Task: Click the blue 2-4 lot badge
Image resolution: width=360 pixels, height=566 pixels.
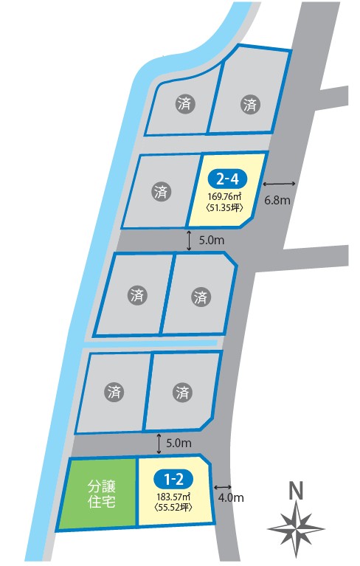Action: click(x=226, y=179)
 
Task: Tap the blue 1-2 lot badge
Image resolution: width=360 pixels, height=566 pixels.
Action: click(x=173, y=480)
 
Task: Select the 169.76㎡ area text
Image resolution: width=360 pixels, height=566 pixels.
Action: click(x=224, y=197)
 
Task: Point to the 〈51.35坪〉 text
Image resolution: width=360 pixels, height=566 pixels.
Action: click(x=224, y=207)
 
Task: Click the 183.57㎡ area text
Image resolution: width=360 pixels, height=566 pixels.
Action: click(x=173, y=497)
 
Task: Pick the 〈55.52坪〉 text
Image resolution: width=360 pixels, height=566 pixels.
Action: click(x=173, y=507)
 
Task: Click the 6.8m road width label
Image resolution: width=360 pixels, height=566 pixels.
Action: click(x=277, y=200)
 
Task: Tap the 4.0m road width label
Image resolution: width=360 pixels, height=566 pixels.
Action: click(x=231, y=498)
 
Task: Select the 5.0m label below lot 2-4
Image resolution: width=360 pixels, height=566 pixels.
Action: click(x=212, y=240)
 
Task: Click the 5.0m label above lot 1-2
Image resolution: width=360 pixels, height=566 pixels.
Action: click(x=179, y=443)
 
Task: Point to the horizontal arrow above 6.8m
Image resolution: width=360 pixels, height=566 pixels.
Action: click(x=279, y=184)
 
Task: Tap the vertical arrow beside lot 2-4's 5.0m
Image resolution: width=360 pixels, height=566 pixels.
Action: click(x=189, y=241)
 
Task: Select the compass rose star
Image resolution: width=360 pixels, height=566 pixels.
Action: click(x=296, y=529)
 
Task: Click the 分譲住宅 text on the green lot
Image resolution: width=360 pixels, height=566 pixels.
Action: click(x=101, y=494)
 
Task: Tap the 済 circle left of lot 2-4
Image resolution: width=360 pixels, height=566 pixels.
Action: click(x=161, y=191)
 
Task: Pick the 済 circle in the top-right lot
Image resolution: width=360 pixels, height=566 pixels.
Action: click(x=250, y=105)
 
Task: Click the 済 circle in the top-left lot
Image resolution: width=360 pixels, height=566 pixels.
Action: click(x=185, y=104)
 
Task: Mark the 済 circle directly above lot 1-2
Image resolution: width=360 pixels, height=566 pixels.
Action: click(x=182, y=392)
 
